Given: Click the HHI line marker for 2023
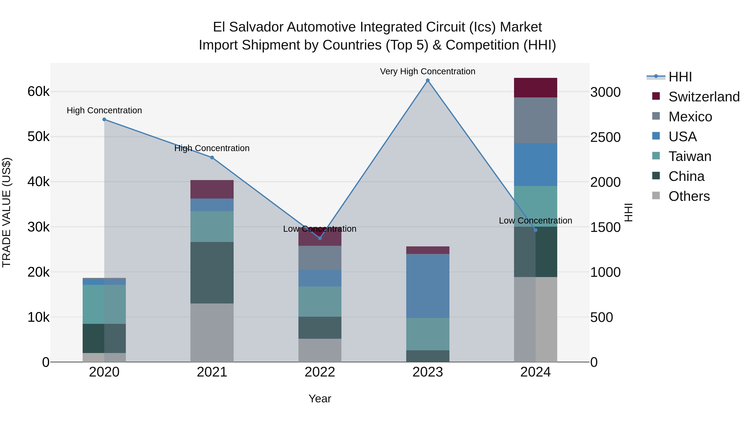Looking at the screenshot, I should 428,80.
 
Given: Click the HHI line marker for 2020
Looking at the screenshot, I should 104,119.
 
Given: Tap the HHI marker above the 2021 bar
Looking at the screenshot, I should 212,157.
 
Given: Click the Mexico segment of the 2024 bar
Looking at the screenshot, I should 535,120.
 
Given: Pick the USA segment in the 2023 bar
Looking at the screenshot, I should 428,286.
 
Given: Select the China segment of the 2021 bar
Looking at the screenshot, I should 212,273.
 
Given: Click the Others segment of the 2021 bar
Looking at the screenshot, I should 212,333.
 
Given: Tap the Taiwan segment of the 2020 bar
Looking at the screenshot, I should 104,304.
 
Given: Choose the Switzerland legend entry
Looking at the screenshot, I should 704,97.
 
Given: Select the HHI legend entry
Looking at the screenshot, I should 680,77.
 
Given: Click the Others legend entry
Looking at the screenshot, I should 689,196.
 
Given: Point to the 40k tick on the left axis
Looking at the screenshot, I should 38,182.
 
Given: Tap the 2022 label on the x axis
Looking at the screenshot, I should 320,372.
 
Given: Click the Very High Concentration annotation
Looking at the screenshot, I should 428,71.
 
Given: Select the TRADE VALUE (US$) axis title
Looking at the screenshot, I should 7,212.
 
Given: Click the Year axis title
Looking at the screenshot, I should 320,399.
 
